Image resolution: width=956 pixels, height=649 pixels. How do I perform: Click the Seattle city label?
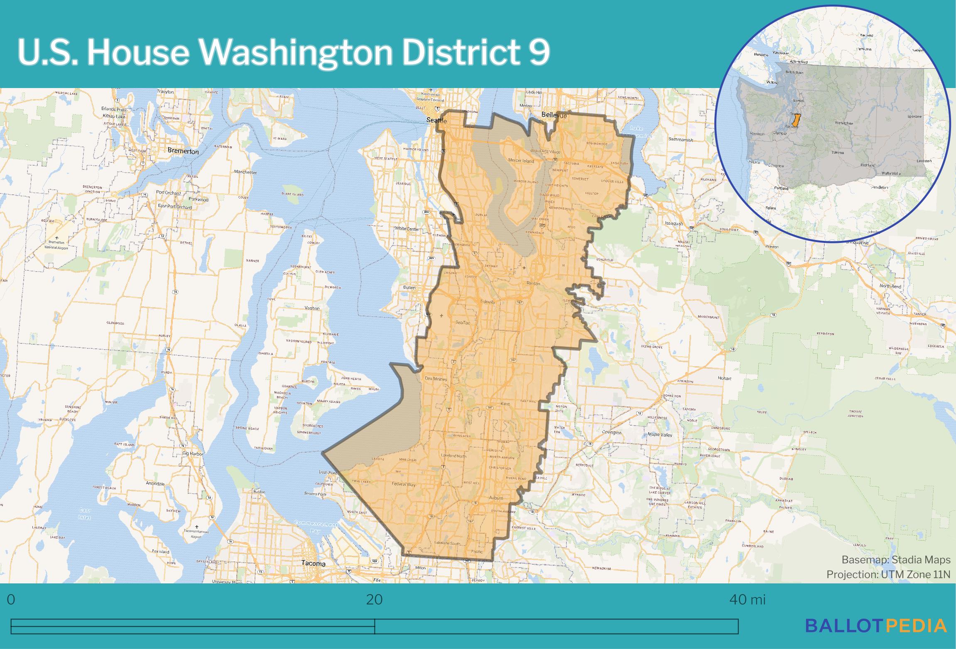[437, 120]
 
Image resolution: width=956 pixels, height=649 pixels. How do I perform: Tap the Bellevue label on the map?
[554, 115]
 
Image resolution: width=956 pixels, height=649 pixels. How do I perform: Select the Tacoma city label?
[314, 563]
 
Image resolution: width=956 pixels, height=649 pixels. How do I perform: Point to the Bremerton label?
[183, 152]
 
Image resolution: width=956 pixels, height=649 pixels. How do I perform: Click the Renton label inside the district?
[533, 283]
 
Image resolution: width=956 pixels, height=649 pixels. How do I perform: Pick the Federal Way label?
[403, 484]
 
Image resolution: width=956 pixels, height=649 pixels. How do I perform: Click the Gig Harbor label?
[193, 454]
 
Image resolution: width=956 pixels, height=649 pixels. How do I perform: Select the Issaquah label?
[674, 223]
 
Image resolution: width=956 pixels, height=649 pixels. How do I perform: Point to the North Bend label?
[890, 286]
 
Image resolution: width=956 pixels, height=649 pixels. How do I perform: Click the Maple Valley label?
[660, 435]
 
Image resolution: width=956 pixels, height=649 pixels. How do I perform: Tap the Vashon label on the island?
[312, 308]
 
